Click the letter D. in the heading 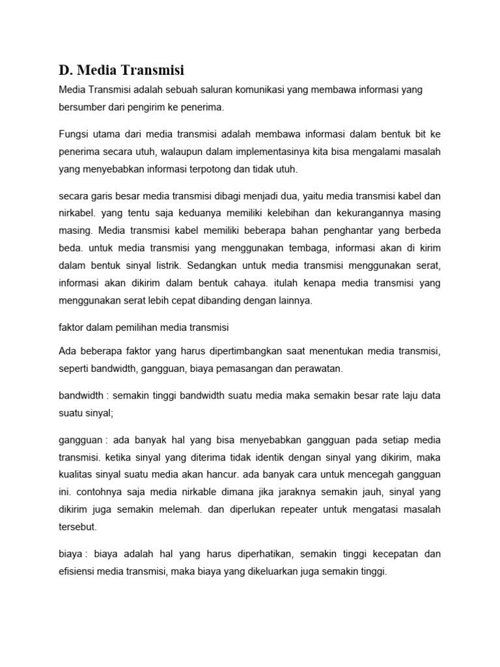click(65, 69)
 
